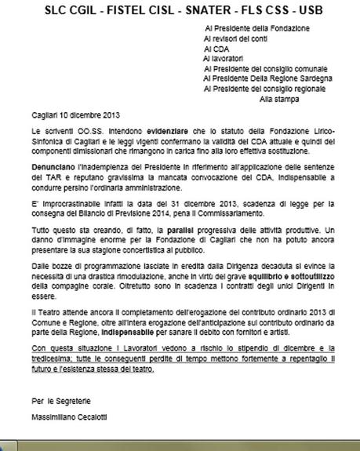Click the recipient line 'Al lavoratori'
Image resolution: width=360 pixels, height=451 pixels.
point(223,58)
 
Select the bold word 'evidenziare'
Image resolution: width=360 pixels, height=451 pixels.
point(167,129)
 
